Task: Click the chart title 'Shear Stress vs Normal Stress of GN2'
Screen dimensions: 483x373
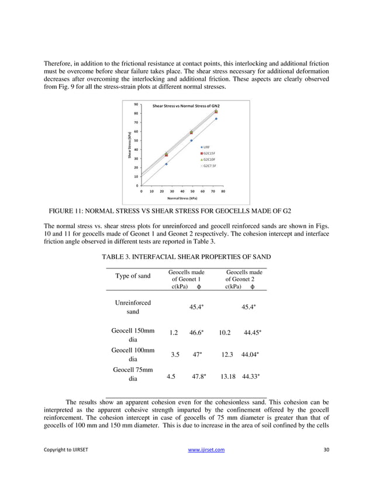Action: (186, 106)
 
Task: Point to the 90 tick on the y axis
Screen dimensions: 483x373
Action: (136, 105)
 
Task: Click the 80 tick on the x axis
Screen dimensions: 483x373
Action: (223, 191)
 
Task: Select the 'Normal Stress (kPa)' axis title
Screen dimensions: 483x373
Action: (180, 198)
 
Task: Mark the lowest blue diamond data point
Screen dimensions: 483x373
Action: (166, 164)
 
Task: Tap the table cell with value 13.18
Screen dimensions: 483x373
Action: (227, 377)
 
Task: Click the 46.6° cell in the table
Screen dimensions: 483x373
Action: (196, 332)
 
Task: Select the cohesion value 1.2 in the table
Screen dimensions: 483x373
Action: (174, 332)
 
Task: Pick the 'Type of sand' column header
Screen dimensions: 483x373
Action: (133, 276)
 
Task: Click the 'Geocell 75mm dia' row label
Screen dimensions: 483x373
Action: (133, 374)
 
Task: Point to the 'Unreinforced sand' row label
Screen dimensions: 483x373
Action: (133, 308)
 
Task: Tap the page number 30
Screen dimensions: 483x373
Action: (326, 465)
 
